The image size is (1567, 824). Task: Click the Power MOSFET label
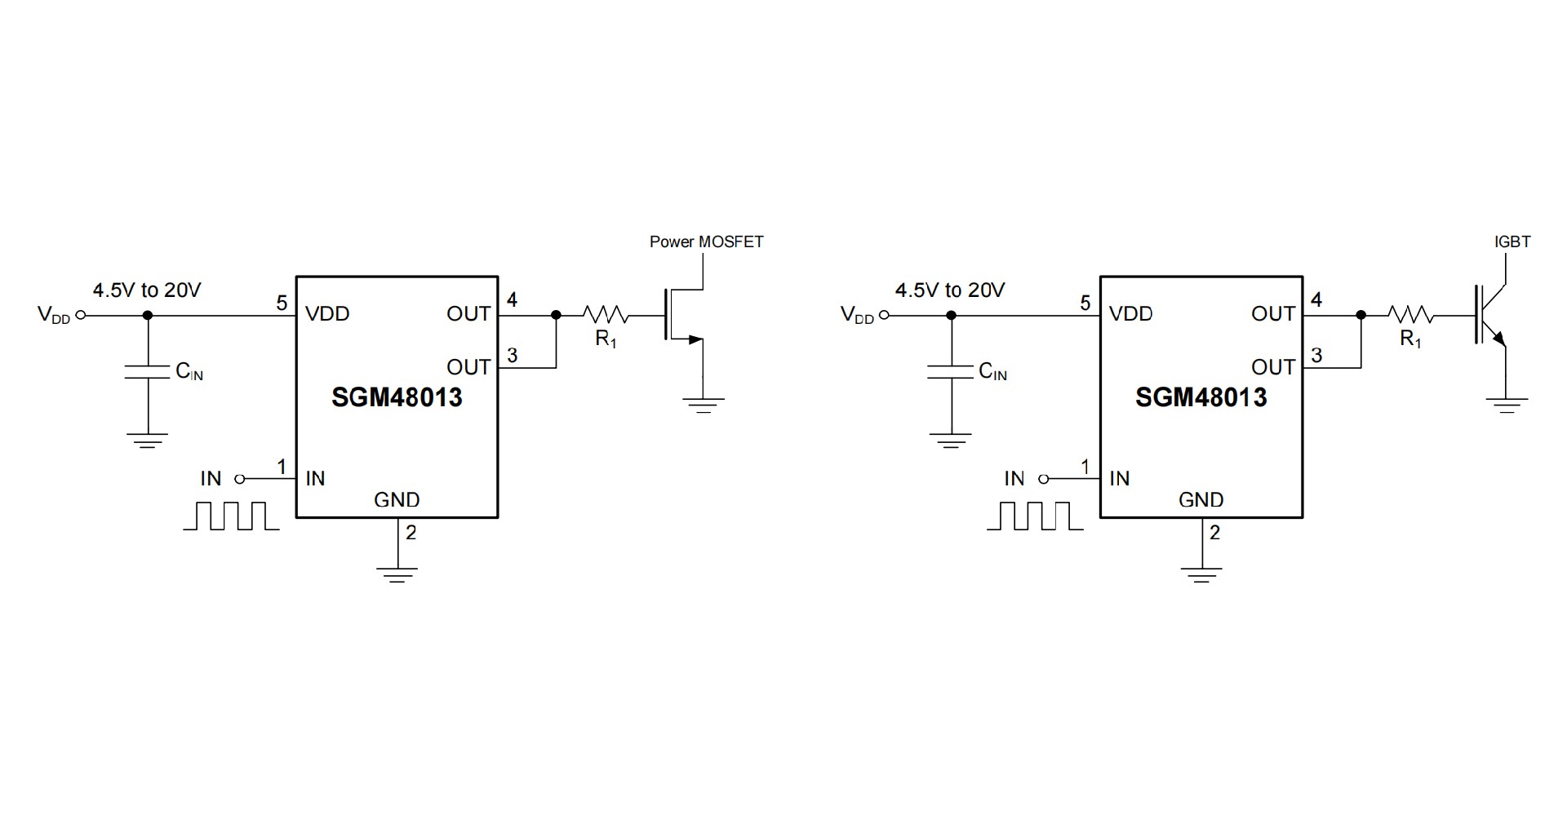tap(706, 241)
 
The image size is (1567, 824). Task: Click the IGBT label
tap(1512, 241)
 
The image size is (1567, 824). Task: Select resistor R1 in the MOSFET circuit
tap(605, 315)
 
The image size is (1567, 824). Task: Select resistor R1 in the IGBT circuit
tap(1409, 315)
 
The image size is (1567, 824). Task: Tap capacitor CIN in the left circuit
tap(148, 372)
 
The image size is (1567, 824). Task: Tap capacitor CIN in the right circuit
tap(950, 372)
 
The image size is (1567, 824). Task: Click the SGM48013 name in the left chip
tap(397, 397)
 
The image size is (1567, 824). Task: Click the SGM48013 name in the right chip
tap(1201, 397)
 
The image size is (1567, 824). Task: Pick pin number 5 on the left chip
tap(282, 303)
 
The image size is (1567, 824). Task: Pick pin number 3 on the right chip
tap(1316, 356)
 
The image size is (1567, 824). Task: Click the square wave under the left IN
tap(232, 516)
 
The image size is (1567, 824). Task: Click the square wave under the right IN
tap(1035, 516)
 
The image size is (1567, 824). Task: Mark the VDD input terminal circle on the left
tap(80, 315)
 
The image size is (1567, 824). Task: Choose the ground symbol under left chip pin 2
tap(397, 574)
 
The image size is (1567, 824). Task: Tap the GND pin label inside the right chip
tap(1201, 500)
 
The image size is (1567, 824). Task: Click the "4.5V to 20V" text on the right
tap(950, 290)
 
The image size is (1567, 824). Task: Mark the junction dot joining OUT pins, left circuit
tap(556, 315)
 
